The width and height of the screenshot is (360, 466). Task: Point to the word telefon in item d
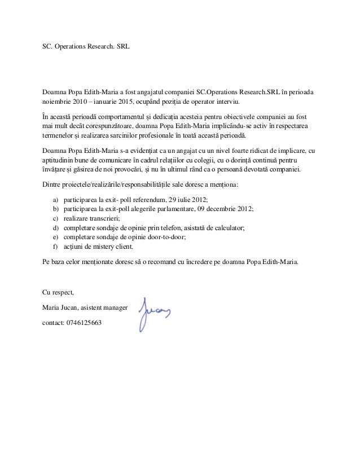point(173,228)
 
